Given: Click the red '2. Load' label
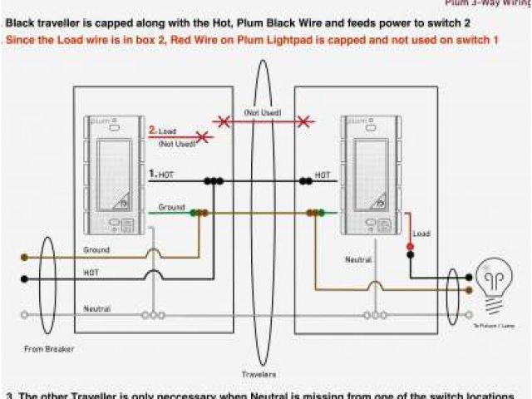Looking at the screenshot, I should click(163, 131).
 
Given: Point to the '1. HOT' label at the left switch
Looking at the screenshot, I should click(161, 174).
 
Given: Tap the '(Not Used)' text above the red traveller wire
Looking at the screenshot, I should click(262, 112).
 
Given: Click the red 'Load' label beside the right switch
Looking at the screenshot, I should click(421, 234).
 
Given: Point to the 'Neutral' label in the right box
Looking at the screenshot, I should click(358, 260).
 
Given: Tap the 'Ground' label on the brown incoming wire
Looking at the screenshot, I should click(96, 249).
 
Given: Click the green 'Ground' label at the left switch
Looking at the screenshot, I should click(171, 206).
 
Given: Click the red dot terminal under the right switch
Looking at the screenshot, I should click(410, 247).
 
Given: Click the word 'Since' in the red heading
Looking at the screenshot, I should click(20, 39).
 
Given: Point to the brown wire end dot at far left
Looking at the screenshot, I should click(24, 258).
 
